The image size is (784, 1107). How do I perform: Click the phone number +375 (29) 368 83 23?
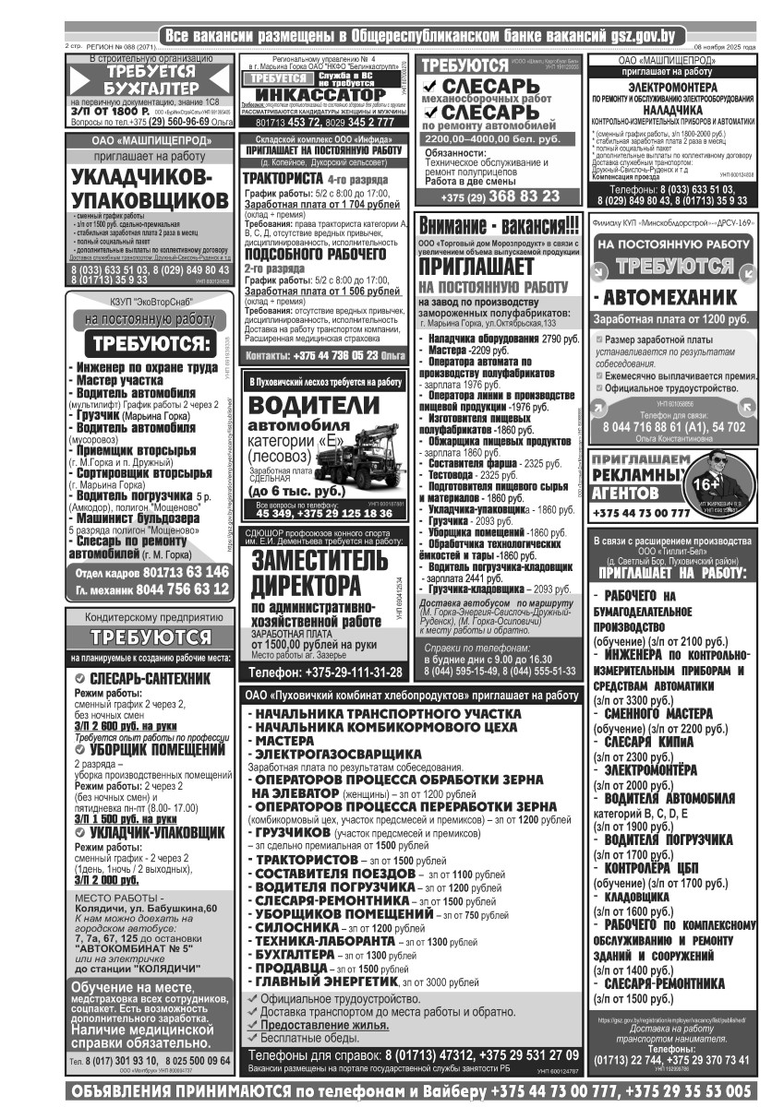(x=500, y=196)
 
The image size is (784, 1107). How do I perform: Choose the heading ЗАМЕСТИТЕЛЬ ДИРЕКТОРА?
(x=307, y=573)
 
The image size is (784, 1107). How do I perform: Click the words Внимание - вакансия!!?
(x=500, y=226)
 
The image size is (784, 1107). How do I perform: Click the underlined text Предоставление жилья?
(x=323, y=1025)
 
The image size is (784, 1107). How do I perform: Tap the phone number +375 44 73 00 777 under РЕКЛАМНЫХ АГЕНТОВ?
(x=641, y=513)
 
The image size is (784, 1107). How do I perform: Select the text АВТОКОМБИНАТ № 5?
(x=135, y=947)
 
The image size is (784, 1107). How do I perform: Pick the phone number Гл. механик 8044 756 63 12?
(x=152, y=589)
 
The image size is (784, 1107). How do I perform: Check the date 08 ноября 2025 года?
(x=724, y=46)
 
